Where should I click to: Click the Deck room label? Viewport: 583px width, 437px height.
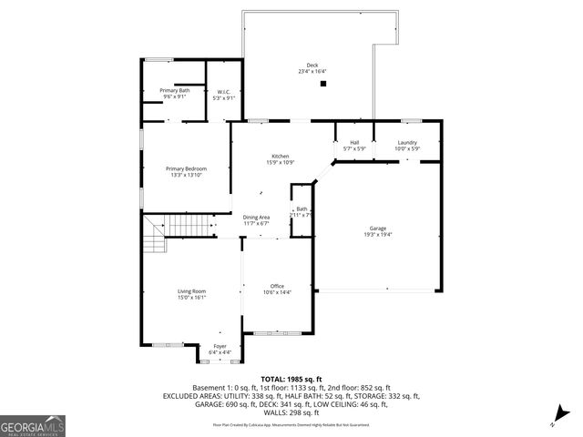click(312, 65)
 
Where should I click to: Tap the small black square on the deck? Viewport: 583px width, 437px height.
click(323, 84)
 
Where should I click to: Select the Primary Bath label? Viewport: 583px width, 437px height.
click(175, 90)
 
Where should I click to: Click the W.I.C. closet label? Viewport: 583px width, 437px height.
click(224, 91)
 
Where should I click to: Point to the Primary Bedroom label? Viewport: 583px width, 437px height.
click(186, 168)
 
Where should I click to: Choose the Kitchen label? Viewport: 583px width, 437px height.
click(280, 156)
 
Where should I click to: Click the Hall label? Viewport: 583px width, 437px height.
click(353, 142)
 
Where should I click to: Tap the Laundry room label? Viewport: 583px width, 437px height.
click(407, 142)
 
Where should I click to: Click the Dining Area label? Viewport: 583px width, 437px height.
click(256, 217)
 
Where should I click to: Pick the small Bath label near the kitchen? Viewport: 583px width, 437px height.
click(302, 209)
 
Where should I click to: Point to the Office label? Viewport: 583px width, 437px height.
click(277, 286)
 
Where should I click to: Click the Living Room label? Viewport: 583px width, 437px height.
click(191, 291)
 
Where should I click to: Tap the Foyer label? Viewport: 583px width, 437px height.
click(220, 346)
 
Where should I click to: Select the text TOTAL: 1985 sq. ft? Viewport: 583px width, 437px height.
click(291, 379)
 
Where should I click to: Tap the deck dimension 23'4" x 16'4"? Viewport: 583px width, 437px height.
click(312, 71)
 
